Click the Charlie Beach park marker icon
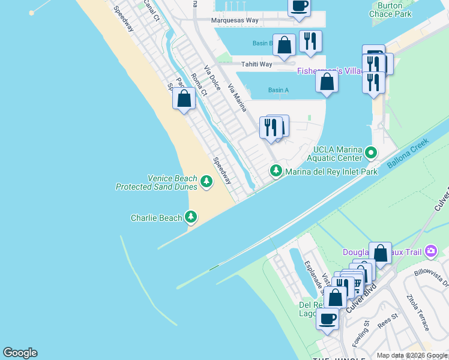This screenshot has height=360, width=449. pyautogui.click(x=191, y=217)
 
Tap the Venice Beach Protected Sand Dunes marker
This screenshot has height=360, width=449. pyautogui.click(x=206, y=181)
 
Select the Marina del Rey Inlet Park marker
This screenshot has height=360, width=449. pyautogui.click(x=276, y=171)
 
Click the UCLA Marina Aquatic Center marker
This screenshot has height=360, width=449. pyautogui.click(x=370, y=153)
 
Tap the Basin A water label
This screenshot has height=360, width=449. pyautogui.click(x=279, y=91)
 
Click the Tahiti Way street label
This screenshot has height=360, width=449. pyautogui.click(x=256, y=64)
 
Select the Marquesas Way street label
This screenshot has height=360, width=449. pyautogui.click(x=235, y=20)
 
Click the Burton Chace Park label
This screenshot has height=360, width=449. pyautogui.click(x=391, y=10)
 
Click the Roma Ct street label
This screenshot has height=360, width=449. pyautogui.click(x=199, y=85)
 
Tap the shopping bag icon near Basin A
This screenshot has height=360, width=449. pyautogui.click(x=327, y=82)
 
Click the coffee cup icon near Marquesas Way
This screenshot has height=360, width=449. pyautogui.click(x=299, y=6)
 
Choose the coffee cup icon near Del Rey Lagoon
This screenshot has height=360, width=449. pyautogui.click(x=328, y=318)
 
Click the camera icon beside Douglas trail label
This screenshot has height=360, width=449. pyautogui.click(x=430, y=251)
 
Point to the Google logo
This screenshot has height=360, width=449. pyautogui.click(x=20, y=353)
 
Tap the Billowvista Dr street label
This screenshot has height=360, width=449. pyautogui.click(x=431, y=278)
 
